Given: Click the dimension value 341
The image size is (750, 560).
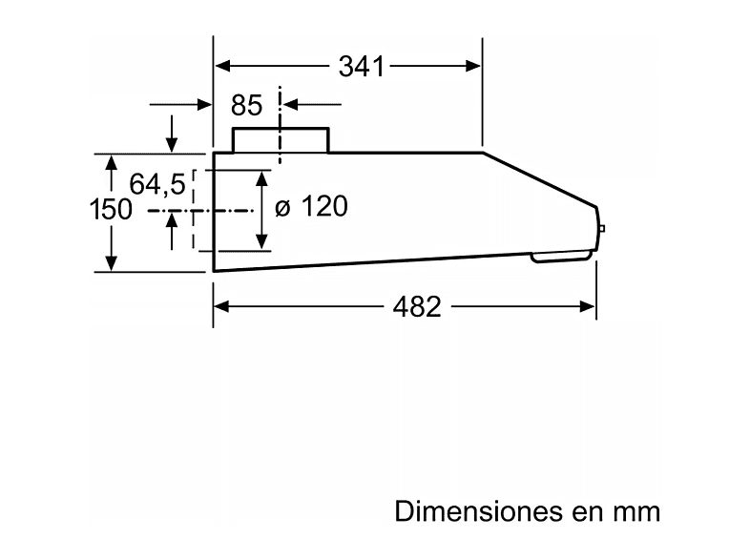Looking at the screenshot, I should tap(361, 66).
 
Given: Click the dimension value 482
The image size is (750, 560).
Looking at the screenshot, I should tap(416, 306).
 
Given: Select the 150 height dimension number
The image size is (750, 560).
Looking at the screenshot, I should tap(110, 209).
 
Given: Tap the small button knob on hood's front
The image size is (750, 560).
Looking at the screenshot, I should tap(601, 228).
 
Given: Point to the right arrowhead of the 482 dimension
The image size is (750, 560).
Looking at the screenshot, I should tap(589, 306).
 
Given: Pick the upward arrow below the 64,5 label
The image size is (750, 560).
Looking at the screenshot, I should tap(172, 221).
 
